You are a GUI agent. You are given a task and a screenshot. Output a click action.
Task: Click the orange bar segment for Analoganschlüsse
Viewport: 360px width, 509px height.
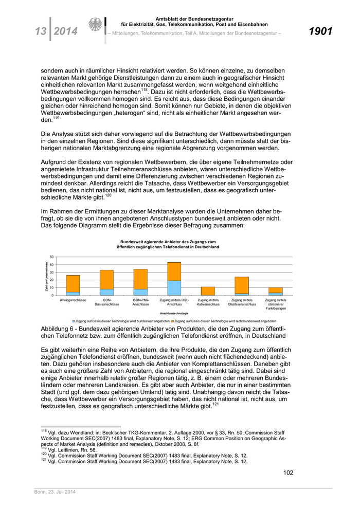point(73,284)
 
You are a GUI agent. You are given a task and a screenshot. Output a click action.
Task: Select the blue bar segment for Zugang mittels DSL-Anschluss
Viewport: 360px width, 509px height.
point(174,288)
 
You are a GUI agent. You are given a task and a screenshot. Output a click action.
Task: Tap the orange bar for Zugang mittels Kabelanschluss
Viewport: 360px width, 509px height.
point(208,291)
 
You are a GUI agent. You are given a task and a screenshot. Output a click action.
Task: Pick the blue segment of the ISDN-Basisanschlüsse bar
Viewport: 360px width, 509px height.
point(106,292)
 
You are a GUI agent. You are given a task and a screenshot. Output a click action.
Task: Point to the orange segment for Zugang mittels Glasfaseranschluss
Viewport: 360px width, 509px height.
point(242,285)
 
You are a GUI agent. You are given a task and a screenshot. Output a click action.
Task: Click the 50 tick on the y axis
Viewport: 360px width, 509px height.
point(51,257)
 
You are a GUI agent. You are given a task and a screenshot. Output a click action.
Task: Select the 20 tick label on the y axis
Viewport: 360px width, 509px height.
point(51,280)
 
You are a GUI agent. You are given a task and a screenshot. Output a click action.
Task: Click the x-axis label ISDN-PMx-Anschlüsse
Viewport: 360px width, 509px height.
point(140,302)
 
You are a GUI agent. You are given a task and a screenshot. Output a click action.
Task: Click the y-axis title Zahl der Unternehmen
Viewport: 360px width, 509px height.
point(46,276)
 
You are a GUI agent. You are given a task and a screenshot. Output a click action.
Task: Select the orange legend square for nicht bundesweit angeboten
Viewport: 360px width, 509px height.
point(173,320)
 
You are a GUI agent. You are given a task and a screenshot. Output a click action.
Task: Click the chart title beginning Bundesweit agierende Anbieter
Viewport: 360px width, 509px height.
point(168,244)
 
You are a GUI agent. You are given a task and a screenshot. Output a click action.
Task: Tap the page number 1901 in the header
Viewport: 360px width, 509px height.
point(320,32)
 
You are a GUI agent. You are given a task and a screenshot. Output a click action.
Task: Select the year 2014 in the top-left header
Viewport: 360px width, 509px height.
point(65,32)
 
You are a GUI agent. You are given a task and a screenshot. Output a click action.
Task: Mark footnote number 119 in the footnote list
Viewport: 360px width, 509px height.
point(43,448)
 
